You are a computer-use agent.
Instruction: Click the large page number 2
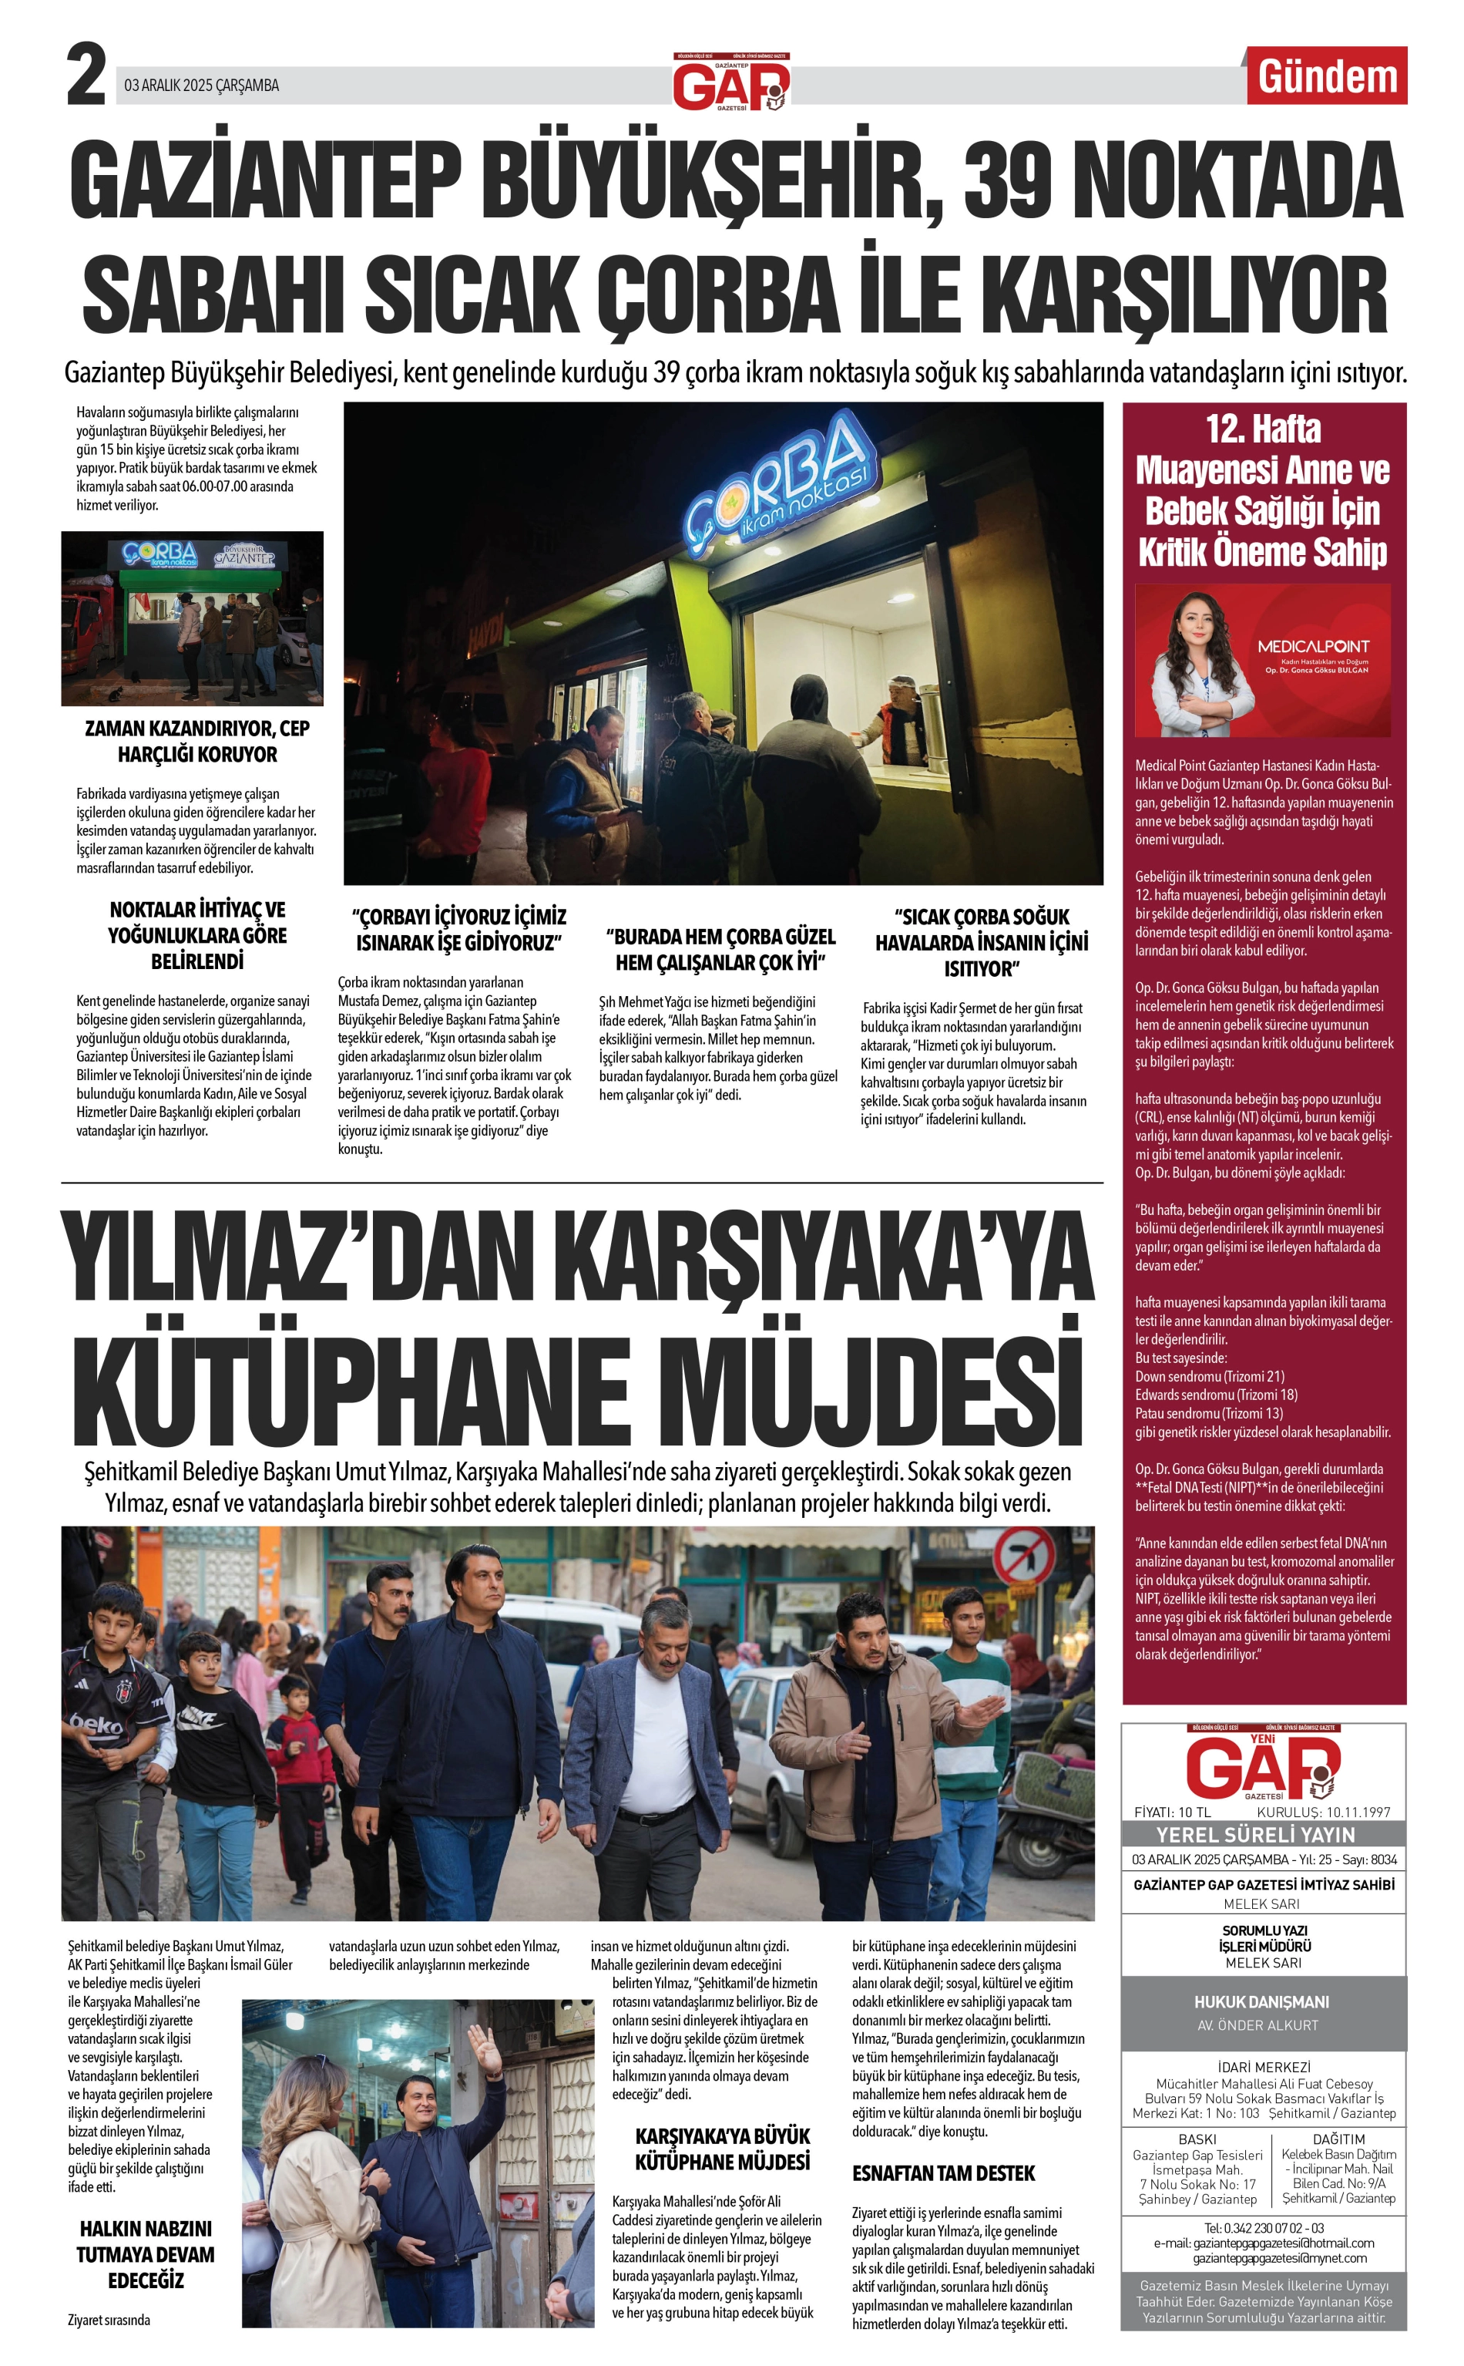86,76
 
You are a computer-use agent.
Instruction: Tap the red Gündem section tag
1327,76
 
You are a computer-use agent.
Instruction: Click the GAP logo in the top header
731,86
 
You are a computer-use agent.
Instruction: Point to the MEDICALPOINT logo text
1313,646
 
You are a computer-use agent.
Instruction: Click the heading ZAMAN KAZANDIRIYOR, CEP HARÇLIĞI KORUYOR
197,741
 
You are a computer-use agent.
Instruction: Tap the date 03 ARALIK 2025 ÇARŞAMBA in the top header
201,86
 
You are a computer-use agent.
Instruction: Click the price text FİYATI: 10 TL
1173,1812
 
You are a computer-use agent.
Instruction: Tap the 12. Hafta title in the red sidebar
1263,429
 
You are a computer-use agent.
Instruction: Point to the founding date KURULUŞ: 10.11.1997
1323,1812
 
